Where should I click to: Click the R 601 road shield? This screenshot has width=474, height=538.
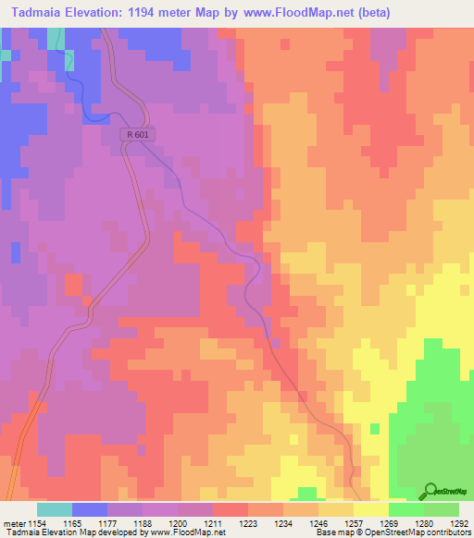click(x=138, y=135)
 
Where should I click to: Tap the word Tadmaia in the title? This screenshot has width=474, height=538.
click(x=43, y=13)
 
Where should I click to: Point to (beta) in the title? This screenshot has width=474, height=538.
click(x=368, y=13)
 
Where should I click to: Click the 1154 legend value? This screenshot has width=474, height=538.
click(x=35, y=523)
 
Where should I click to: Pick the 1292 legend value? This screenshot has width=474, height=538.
click(x=458, y=523)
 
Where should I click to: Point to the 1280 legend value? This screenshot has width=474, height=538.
click(x=425, y=523)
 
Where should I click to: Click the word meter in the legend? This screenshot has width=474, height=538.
click(x=12, y=523)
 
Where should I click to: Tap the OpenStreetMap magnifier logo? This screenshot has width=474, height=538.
click(x=429, y=490)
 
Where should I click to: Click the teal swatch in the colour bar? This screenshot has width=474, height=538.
click(x=55, y=509)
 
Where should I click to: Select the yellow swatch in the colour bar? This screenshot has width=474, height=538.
click(x=370, y=509)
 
